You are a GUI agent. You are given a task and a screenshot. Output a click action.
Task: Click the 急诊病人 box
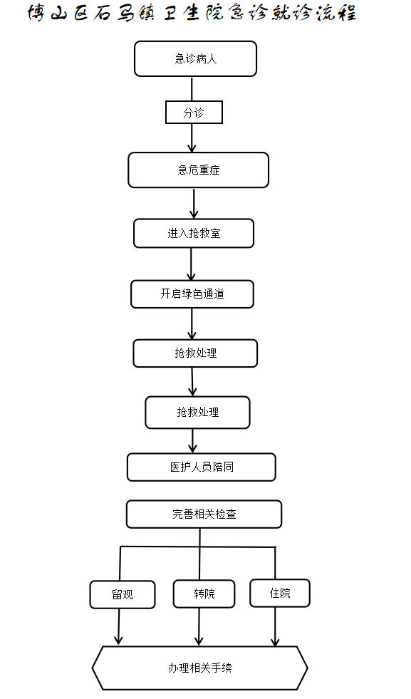coord(195,59)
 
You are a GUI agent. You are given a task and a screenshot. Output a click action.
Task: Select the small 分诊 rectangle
coord(194,113)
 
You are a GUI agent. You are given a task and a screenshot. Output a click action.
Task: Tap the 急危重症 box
coord(198,170)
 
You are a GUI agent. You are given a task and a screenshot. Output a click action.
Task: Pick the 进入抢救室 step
coord(194,233)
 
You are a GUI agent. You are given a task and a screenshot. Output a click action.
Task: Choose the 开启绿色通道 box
coord(192,294)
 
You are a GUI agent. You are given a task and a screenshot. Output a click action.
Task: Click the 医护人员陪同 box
coord(202,467)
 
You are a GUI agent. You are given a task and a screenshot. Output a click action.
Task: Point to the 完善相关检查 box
coord(204,514)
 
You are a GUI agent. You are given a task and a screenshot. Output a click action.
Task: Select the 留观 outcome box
coord(122,594)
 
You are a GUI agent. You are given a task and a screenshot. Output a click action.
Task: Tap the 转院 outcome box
coord(204,594)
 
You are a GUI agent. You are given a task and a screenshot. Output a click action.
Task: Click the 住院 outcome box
coord(280,593)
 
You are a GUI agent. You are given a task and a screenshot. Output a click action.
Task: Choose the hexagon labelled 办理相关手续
coord(199,668)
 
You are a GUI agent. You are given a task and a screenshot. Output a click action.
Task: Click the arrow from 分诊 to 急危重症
coord(192,138)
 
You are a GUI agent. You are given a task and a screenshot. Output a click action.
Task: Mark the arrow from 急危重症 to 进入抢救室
coord(194,203)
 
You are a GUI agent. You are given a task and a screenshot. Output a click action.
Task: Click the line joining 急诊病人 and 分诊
coord(192,89)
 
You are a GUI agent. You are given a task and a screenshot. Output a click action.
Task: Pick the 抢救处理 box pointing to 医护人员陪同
coord(197,413)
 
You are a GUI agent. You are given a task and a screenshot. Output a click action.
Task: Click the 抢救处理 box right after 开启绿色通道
coord(195,353)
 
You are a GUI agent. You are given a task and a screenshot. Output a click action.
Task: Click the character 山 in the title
coord(58,14)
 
